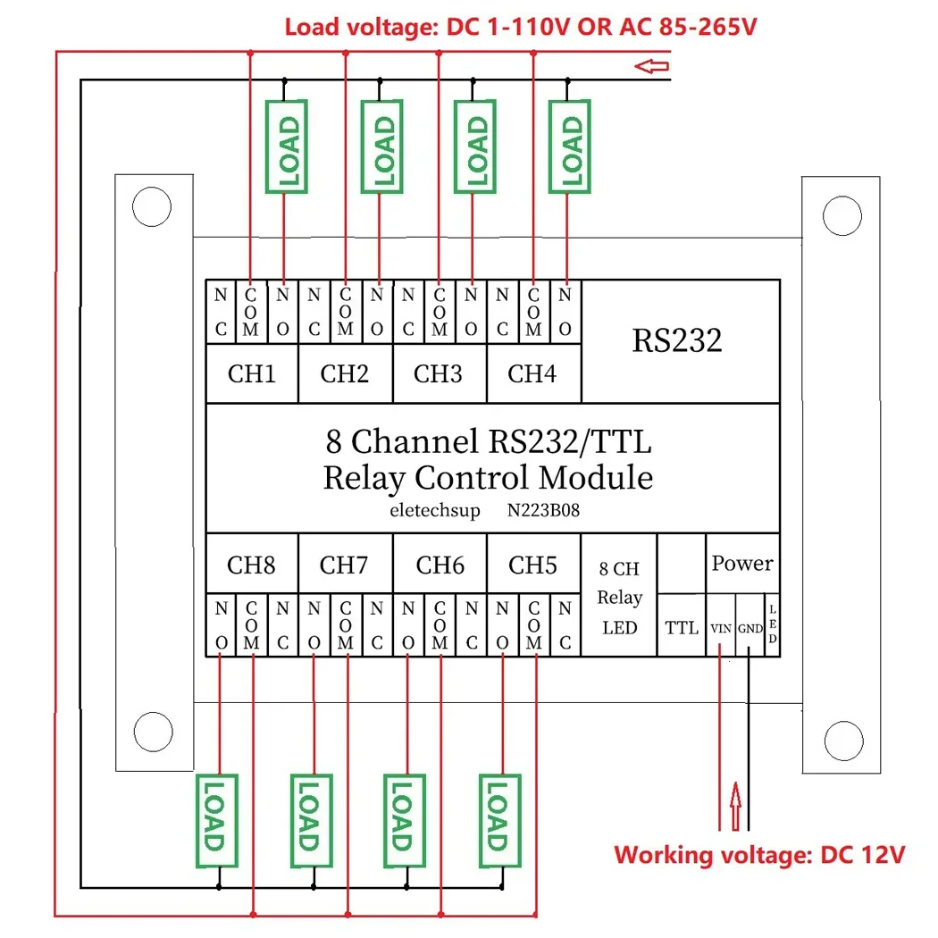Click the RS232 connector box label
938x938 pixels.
tap(676, 340)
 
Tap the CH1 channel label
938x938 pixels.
tap(252, 374)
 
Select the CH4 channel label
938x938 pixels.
tap(532, 374)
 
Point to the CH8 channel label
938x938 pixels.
tap(251, 565)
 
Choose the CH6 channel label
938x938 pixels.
tap(440, 565)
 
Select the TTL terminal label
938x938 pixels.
tap(682, 627)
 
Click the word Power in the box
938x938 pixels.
tap(742, 563)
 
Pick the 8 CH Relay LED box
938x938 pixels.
tap(619, 595)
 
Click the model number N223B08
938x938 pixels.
tap(543, 510)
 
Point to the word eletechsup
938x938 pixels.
tap(435, 510)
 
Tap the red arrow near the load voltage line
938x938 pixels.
tap(651, 66)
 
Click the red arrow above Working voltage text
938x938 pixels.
tap(736, 806)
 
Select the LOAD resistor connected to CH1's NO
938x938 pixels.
tap(287, 147)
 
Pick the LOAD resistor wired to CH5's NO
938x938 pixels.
tap(500, 820)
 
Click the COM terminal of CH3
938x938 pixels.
tap(440, 312)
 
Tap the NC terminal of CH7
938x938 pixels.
tap(377, 625)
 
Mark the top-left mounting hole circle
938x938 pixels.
tap(152, 207)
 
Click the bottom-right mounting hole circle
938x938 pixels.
tap(843, 741)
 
